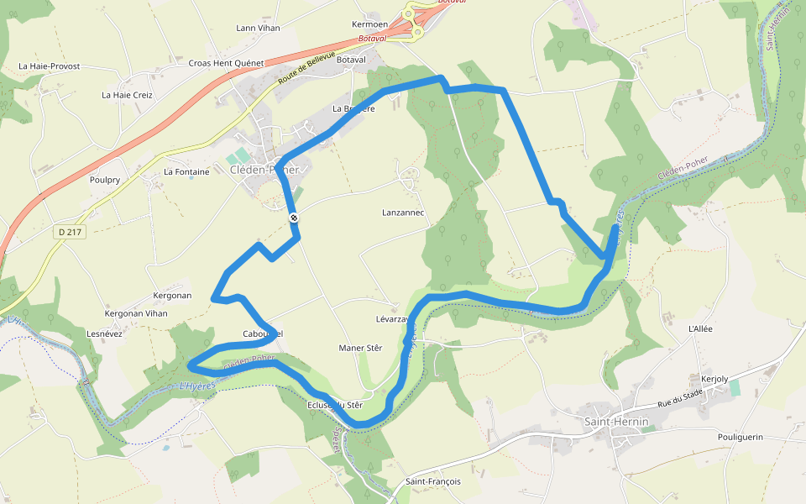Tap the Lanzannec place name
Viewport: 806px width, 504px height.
pos(403,213)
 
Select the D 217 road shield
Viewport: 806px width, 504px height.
pos(73,232)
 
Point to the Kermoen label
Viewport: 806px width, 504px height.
pos(369,24)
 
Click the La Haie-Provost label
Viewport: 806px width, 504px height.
pos(50,66)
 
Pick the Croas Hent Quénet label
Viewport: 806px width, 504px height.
pos(226,63)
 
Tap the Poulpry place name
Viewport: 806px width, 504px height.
pos(105,180)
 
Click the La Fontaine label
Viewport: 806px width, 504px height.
pos(186,171)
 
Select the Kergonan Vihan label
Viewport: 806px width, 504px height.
pos(135,313)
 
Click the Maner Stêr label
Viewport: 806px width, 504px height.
pos(360,348)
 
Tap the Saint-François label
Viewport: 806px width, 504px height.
pos(433,481)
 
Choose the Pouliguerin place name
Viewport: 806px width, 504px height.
pos(741,437)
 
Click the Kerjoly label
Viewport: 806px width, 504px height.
pos(714,379)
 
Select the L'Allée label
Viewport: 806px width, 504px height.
pos(699,328)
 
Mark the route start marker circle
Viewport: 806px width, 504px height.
pos(294,218)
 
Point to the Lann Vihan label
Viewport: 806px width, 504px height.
pos(258,28)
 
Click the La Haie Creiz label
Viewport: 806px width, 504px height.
pos(127,95)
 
